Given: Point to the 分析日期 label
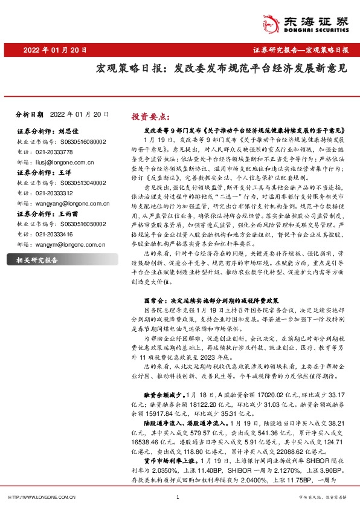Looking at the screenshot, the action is click(x=30, y=114).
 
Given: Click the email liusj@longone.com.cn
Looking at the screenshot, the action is click(x=60, y=162).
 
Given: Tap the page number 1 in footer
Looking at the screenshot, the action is click(x=178, y=497).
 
